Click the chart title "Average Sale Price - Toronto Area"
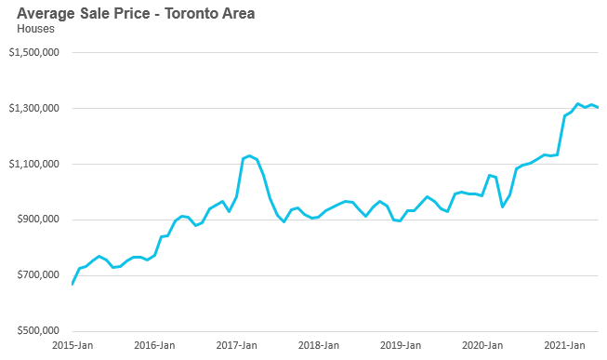coord(136,14)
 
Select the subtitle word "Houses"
coord(35,29)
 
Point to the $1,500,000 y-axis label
coord(34,52)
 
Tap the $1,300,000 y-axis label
coord(34,108)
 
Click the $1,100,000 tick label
coord(34,164)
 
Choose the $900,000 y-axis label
coord(38,220)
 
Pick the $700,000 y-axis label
coord(38,275)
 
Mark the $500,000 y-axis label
coord(38,331)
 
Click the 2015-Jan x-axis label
coord(73,345)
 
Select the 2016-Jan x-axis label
coord(154,345)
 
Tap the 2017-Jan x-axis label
coord(236,345)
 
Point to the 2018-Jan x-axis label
coord(319,345)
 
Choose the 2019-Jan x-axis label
coord(401,345)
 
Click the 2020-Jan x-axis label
coord(482,345)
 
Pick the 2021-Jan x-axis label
coord(564,345)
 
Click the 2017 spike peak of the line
coord(250,155)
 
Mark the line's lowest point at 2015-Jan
coord(73,284)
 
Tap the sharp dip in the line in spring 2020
coord(503,207)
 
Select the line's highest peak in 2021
coord(577,103)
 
